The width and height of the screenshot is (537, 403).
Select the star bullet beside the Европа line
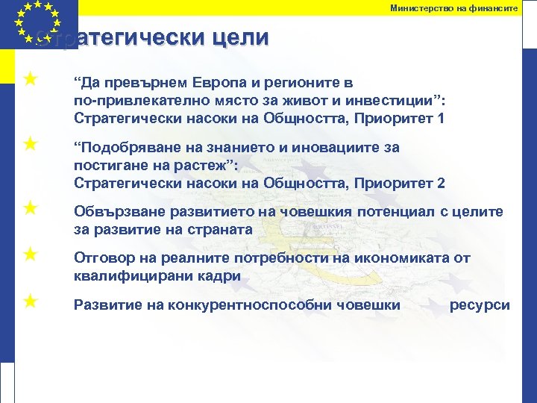(30, 78)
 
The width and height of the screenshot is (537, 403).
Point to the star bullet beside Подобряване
(30, 143)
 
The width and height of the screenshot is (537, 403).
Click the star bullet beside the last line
(30, 301)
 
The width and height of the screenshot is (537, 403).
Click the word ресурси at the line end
(480, 305)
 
